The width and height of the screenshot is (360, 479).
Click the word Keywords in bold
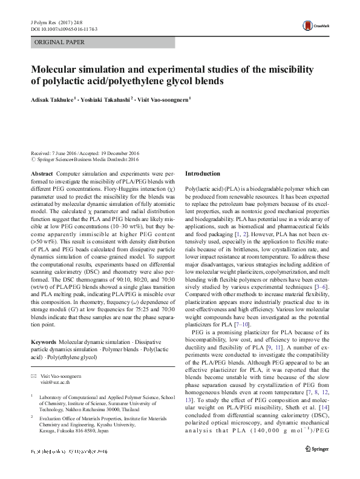pyautogui.click(x=44, y=342)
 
